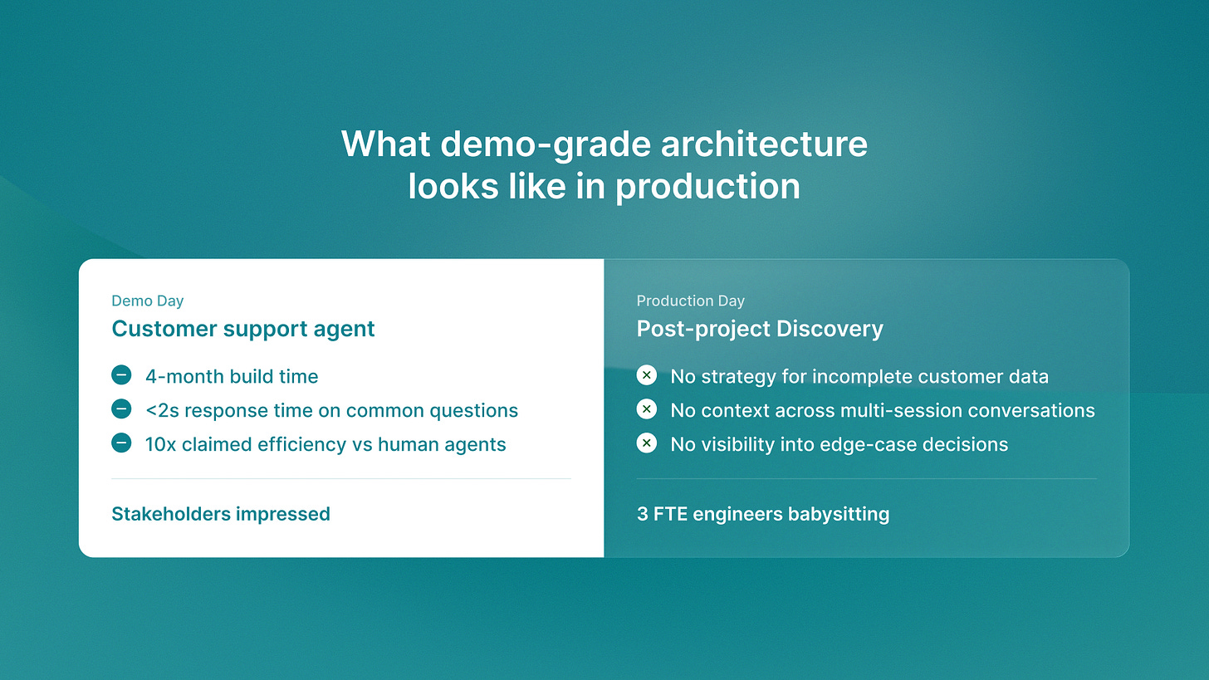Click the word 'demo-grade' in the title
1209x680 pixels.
pyautogui.click(x=546, y=144)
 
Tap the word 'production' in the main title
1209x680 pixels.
pyautogui.click(x=707, y=188)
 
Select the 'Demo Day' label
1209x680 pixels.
pyautogui.click(x=147, y=301)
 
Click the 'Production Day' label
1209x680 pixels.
pyautogui.click(x=690, y=301)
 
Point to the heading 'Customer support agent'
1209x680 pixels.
pyautogui.click(x=242, y=329)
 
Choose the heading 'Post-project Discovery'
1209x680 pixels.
pyautogui.click(x=760, y=329)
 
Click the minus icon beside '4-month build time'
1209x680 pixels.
pyautogui.click(x=121, y=375)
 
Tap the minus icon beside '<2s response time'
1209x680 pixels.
pyautogui.click(x=121, y=409)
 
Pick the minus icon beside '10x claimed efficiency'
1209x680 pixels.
pyautogui.click(x=121, y=443)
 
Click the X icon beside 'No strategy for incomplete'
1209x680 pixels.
pyautogui.click(x=647, y=375)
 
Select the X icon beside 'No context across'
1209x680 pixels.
pyautogui.click(x=647, y=409)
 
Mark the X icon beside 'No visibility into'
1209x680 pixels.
pyautogui.click(x=647, y=443)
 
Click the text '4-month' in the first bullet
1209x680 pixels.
pyautogui.click(x=182, y=377)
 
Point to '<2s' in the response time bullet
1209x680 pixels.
pyautogui.click(x=162, y=411)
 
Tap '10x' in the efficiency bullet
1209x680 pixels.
pyautogui.click(x=161, y=445)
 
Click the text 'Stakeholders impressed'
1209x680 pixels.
pyautogui.click(x=221, y=514)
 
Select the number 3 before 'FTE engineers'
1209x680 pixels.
pyautogui.click(x=643, y=514)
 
